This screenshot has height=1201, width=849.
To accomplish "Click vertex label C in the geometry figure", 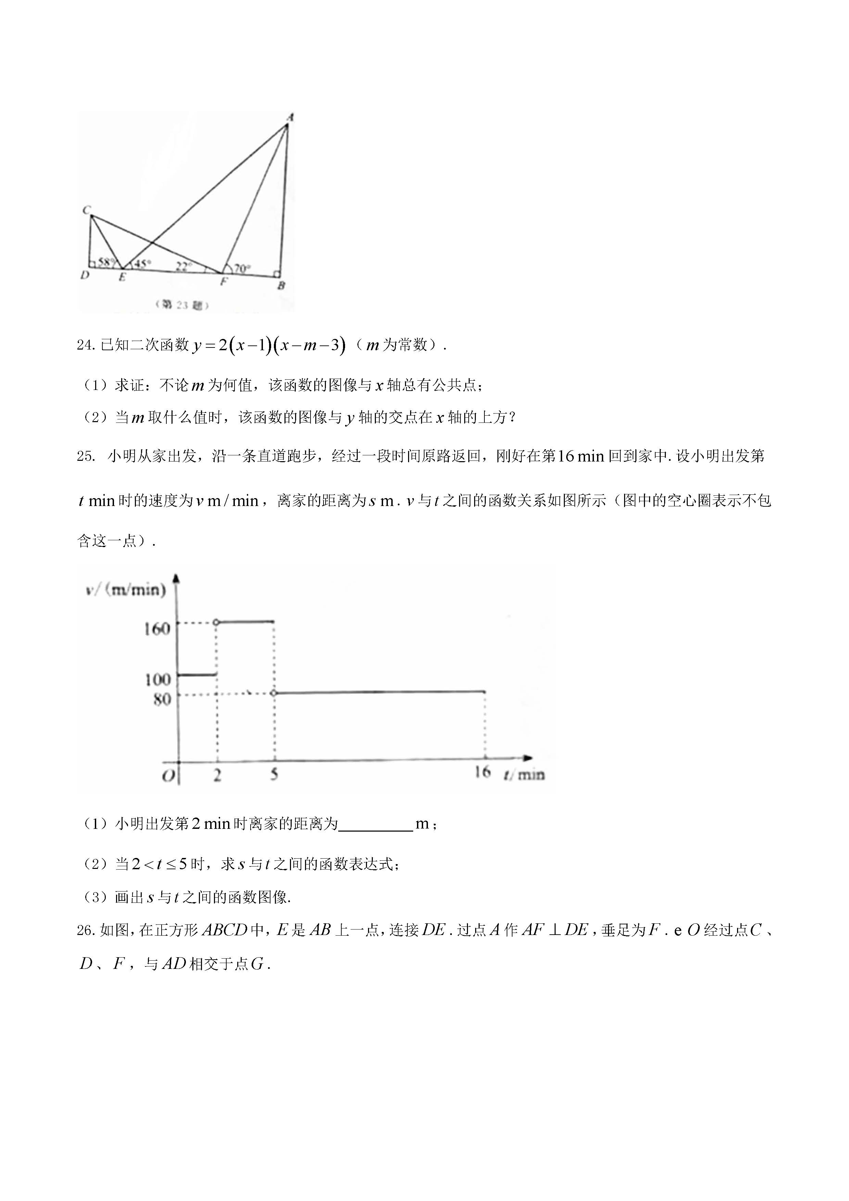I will pos(86,210).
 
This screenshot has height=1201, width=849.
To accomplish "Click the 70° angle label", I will pos(242,269).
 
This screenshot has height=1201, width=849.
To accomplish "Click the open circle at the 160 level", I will pos(216,622).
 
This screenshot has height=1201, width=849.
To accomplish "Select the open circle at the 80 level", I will pos(274,693).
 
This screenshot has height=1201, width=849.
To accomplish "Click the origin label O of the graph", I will pos(168,776).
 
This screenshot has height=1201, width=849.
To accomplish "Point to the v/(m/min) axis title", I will pos(126,590).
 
